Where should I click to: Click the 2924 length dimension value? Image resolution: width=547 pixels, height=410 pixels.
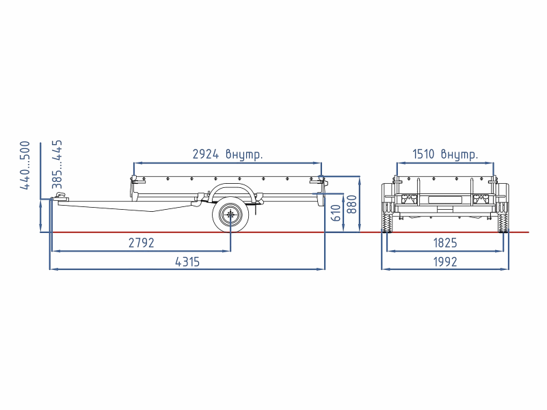[x=206, y=154]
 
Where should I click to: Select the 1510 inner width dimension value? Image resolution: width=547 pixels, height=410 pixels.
[x=423, y=154]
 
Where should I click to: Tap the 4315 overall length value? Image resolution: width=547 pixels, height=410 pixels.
[x=187, y=262]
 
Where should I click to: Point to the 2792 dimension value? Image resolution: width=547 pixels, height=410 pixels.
[x=142, y=243]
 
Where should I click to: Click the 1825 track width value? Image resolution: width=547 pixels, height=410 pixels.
[x=445, y=243]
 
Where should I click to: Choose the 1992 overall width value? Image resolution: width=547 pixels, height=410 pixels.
[x=445, y=262]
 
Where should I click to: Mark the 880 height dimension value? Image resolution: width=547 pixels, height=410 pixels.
[x=352, y=204]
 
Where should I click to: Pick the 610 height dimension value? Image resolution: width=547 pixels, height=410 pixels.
[x=335, y=213]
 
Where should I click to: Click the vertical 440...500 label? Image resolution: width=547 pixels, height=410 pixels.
[x=25, y=165]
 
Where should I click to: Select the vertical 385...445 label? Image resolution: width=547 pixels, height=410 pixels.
[x=57, y=164]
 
